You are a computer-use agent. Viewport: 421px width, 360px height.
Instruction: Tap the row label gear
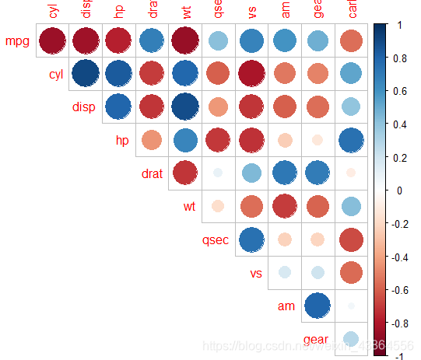(x=315, y=340)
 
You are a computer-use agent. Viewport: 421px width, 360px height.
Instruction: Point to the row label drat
(x=151, y=173)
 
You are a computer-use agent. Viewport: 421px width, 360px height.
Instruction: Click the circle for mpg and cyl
(x=52, y=40)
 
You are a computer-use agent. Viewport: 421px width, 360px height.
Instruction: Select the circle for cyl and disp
(x=85, y=73)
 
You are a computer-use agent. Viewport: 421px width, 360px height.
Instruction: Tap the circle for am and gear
(x=318, y=306)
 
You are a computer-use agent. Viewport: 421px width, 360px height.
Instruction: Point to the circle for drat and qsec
(x=218, y=173)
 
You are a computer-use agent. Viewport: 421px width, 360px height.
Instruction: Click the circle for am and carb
(x=351, y=306)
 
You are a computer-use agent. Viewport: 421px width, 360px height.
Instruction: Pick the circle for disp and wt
(x=184, y=107)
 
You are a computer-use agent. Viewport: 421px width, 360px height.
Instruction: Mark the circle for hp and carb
(x=351, y=140)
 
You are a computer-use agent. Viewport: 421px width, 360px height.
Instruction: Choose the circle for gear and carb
(x=351, y=338)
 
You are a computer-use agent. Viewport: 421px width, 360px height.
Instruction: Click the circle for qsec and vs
(x=251, y=239)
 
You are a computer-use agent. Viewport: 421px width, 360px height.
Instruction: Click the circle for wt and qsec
(x=218, y=206)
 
